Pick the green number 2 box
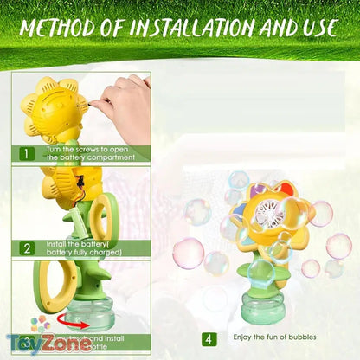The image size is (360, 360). tap(27, 247)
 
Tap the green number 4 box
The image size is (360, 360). tap(209, 339)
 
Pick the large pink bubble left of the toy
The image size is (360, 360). tap(188, 253)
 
